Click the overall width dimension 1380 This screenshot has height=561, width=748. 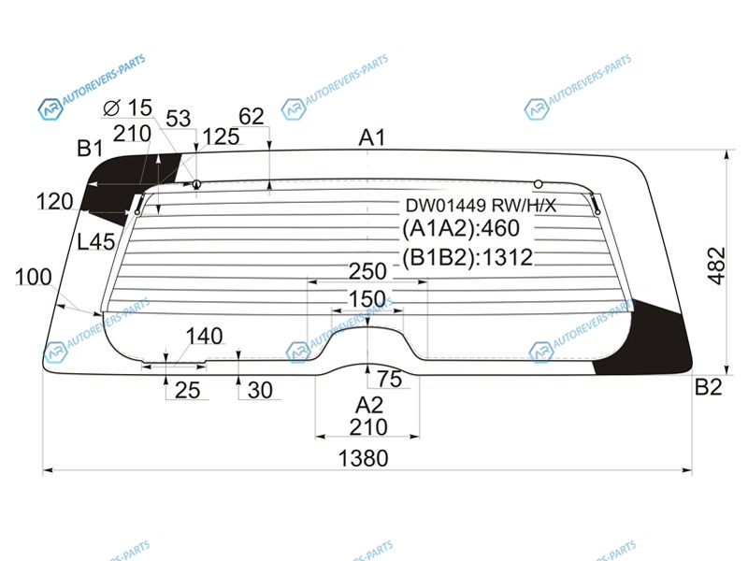pos(363,458)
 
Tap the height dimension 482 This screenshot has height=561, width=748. pos(716,266)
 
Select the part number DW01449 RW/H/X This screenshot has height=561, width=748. pos(481,206)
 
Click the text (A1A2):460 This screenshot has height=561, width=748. pos(461,228)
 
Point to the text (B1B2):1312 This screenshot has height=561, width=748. pos(467,258)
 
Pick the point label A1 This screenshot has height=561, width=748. pos(371,137)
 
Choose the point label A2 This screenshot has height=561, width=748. pos(369,406)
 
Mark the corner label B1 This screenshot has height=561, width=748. pos(90,149)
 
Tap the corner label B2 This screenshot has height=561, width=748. pos(709,387)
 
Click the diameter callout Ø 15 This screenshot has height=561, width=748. pos(128,108)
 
